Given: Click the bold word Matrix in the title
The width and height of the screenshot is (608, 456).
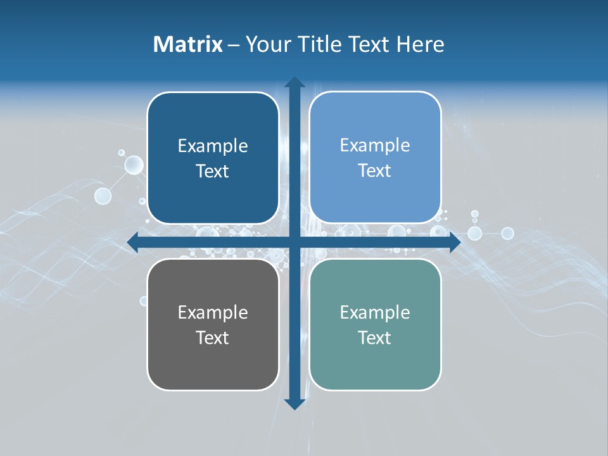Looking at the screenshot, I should [188, 44].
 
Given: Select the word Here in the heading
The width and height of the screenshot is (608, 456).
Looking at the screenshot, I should [421, 44].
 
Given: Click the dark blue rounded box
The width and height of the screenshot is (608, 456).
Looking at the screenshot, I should [213, 158].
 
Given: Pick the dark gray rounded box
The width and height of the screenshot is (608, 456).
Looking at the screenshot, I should [213, 324].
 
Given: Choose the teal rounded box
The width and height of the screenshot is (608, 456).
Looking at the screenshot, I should [375, 324].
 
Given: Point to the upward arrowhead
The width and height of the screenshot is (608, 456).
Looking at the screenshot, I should [294, 83].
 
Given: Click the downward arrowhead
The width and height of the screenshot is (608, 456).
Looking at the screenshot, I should [294, 403].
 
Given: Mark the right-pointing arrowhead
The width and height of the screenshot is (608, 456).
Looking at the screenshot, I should [454, 243].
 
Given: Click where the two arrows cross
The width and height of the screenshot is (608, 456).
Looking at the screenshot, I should [294, 243].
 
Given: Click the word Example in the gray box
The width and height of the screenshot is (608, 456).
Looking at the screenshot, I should [213, 312].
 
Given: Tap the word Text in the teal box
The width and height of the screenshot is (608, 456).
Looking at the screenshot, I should [375, 338].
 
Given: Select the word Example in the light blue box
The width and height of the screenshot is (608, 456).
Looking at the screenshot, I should [375, 145].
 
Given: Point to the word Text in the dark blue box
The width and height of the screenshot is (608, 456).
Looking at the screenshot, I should [213, 171].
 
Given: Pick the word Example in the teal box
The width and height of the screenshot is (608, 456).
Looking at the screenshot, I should [375, 312].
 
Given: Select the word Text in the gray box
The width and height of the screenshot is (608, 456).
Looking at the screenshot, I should [213, 338].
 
